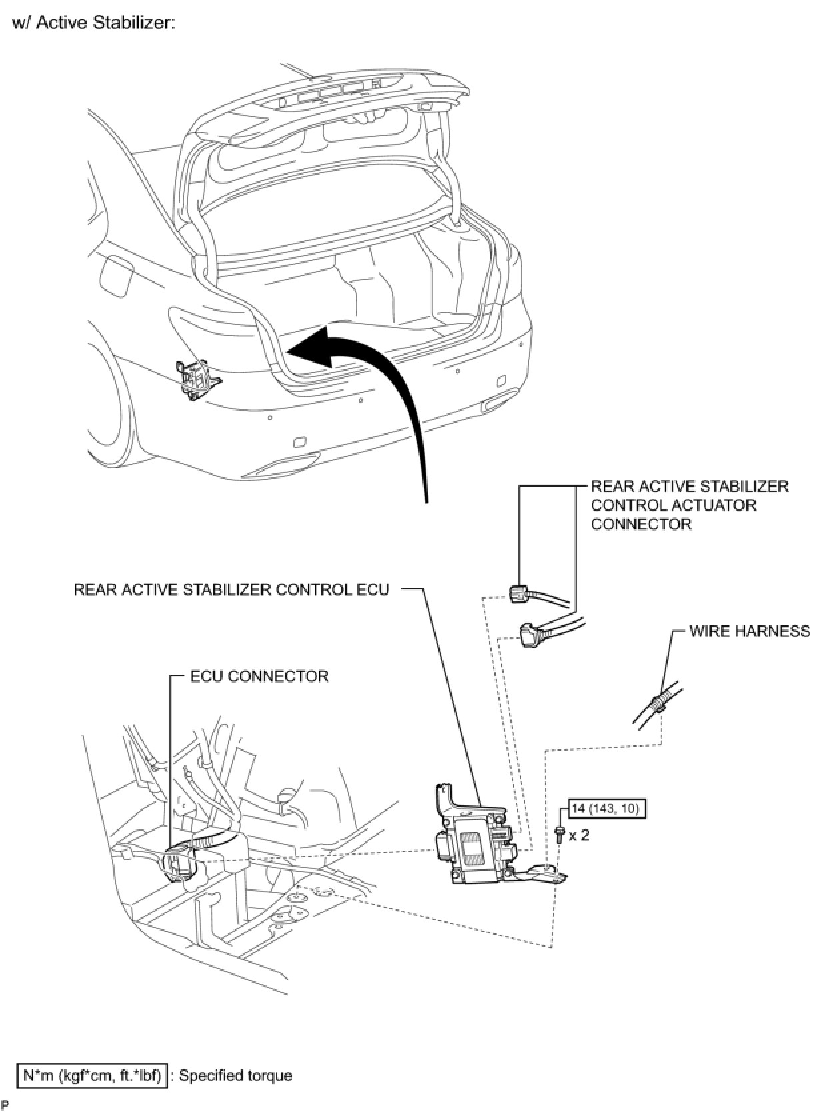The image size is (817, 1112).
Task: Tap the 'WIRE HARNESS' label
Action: click(749, 631)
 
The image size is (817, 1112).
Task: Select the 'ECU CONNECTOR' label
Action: click(259, 676)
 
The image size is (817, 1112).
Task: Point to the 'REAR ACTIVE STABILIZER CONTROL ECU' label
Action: click(231, 589)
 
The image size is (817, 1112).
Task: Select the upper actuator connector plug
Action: click(520, 592)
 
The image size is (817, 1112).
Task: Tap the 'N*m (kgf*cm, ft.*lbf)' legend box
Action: click(91, 1075)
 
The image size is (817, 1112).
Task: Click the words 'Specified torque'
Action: click(235, 1075)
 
